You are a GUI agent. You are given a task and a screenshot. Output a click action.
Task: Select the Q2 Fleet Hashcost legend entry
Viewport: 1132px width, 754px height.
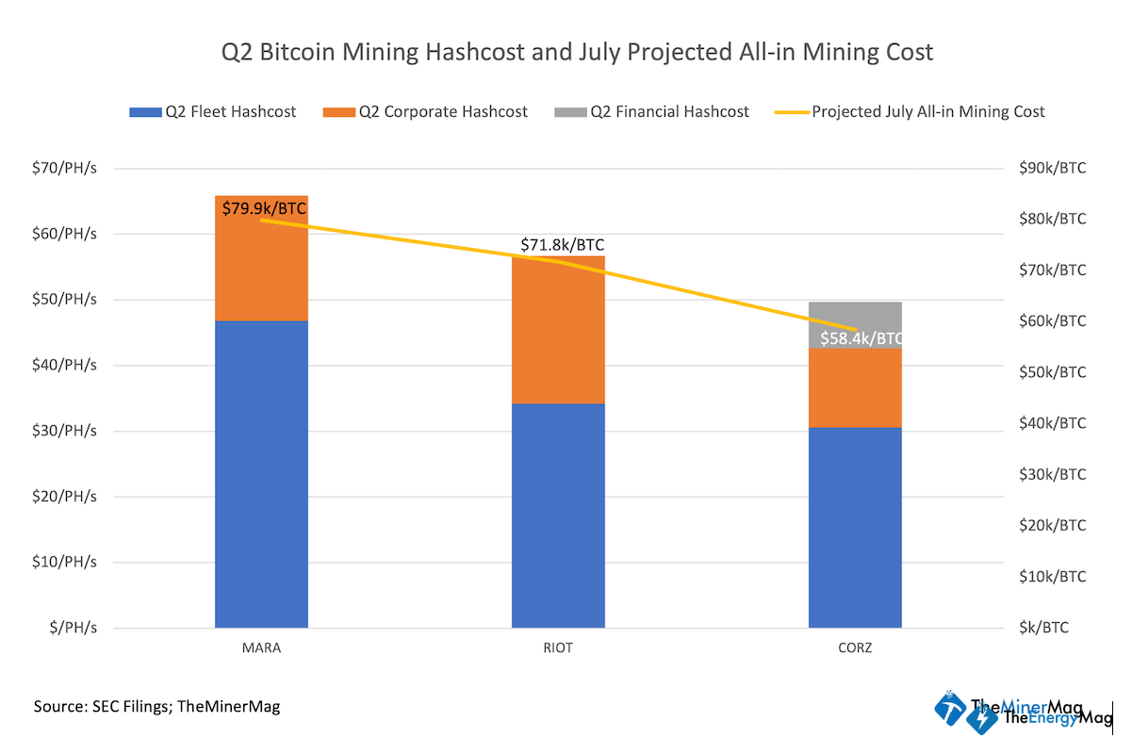coord(213,111)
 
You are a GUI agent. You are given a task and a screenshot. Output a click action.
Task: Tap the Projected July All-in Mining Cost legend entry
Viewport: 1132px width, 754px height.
coord(911,111)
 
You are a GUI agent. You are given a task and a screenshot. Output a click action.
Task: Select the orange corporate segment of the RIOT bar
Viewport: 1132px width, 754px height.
coord(558,330)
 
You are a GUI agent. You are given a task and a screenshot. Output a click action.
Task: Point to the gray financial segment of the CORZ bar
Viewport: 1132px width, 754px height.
coord(855,315)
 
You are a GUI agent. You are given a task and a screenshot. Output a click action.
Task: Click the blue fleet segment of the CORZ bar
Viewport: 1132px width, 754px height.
coord(855,527)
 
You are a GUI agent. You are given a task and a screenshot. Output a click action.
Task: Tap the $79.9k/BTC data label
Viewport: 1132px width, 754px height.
coord(264,208)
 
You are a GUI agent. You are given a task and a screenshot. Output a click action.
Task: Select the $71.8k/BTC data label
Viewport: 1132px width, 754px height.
coord(562,245)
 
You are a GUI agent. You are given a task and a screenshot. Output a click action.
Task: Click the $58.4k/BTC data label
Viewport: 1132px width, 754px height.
coord(861,337)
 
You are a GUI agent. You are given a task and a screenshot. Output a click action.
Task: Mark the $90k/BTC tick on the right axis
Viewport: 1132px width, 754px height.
coord(1053,169)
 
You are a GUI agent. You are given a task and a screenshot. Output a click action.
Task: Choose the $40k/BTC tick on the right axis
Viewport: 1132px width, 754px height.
coord(1053,424)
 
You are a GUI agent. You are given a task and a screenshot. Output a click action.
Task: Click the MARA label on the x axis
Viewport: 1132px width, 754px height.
coord(261,649)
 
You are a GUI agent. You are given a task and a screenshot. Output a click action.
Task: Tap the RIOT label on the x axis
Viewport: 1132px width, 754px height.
coord(558,649)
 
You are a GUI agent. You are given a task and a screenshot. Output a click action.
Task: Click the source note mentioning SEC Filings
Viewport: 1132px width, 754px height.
coord(156,706)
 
